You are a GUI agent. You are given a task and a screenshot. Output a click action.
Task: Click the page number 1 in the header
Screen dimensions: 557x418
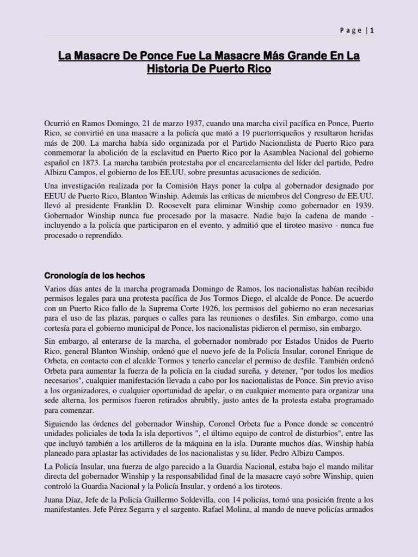372,30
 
